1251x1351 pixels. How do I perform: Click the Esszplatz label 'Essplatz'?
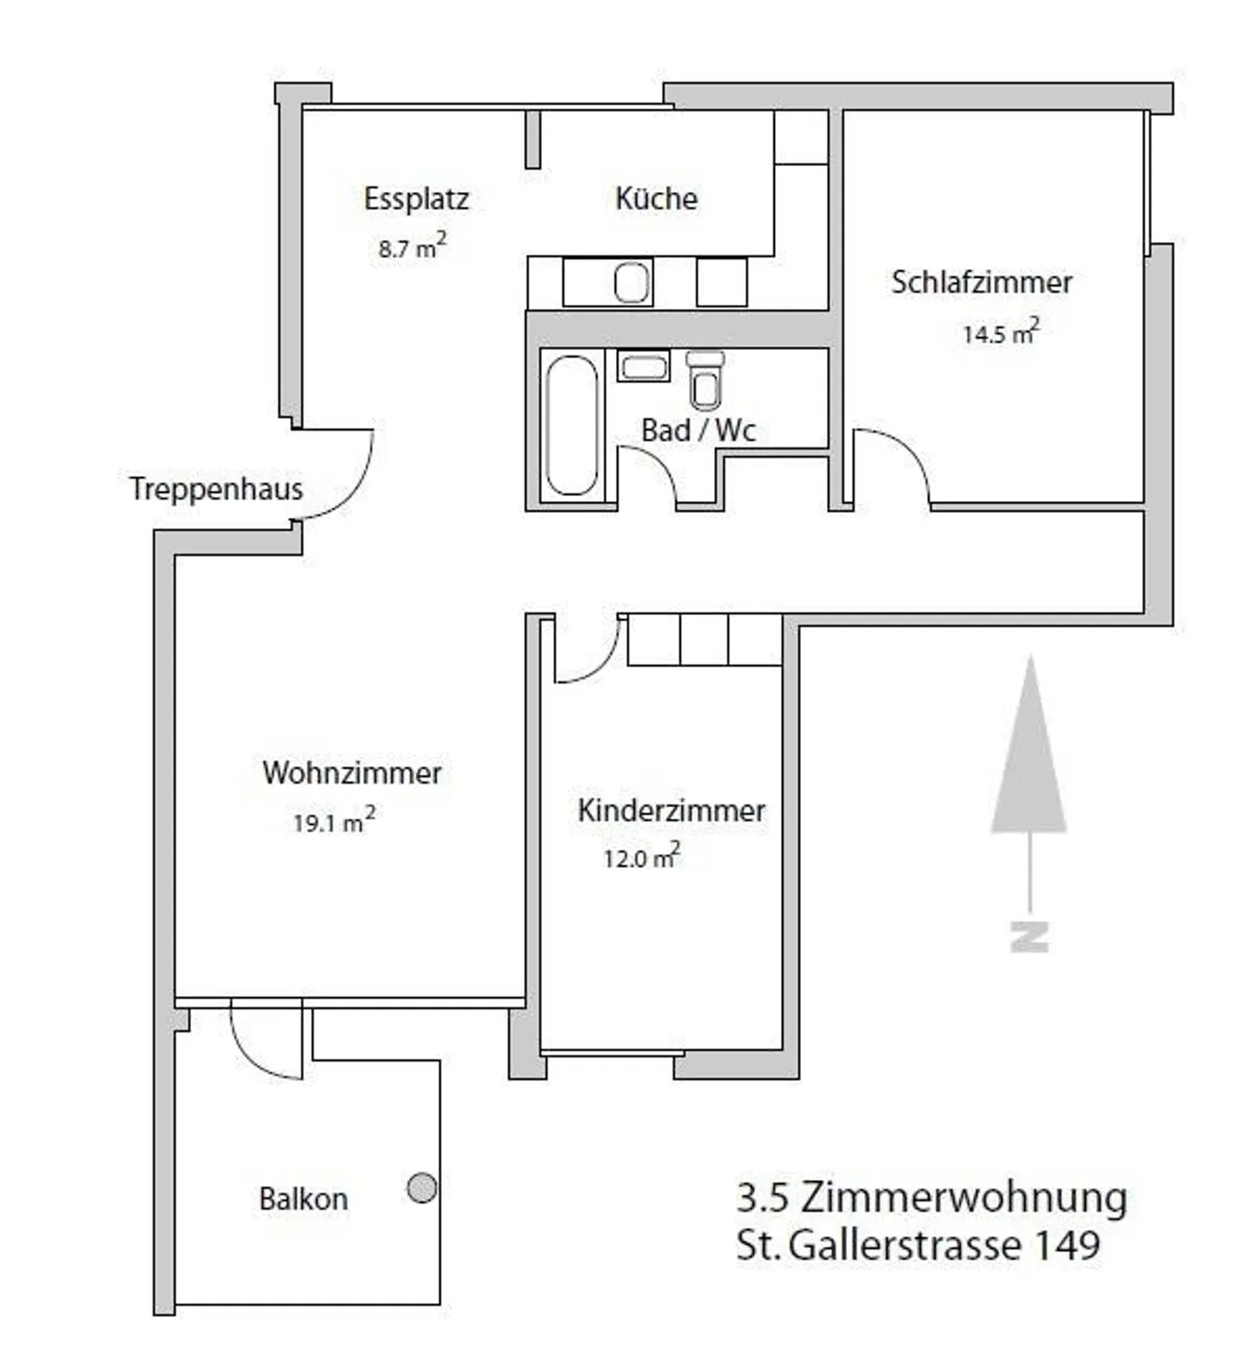416,199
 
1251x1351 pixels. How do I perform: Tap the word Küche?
656,198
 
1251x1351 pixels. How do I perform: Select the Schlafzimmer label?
982,282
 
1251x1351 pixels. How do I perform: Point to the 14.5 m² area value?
1000,333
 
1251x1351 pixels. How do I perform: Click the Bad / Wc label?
698,430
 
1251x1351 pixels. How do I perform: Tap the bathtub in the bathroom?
572,425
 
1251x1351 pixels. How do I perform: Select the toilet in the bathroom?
705,381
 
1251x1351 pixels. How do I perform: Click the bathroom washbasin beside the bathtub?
644,366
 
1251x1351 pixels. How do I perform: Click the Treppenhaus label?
216,489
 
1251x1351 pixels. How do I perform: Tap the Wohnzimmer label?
352,772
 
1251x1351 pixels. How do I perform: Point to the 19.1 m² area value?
334,821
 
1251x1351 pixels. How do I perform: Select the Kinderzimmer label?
672,811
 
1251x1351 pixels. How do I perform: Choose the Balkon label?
303,1199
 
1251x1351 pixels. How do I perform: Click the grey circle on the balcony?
422,1188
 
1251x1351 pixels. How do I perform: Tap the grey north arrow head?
1029,756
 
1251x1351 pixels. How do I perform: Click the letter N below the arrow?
1029,936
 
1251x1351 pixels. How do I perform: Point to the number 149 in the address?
1067,1245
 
